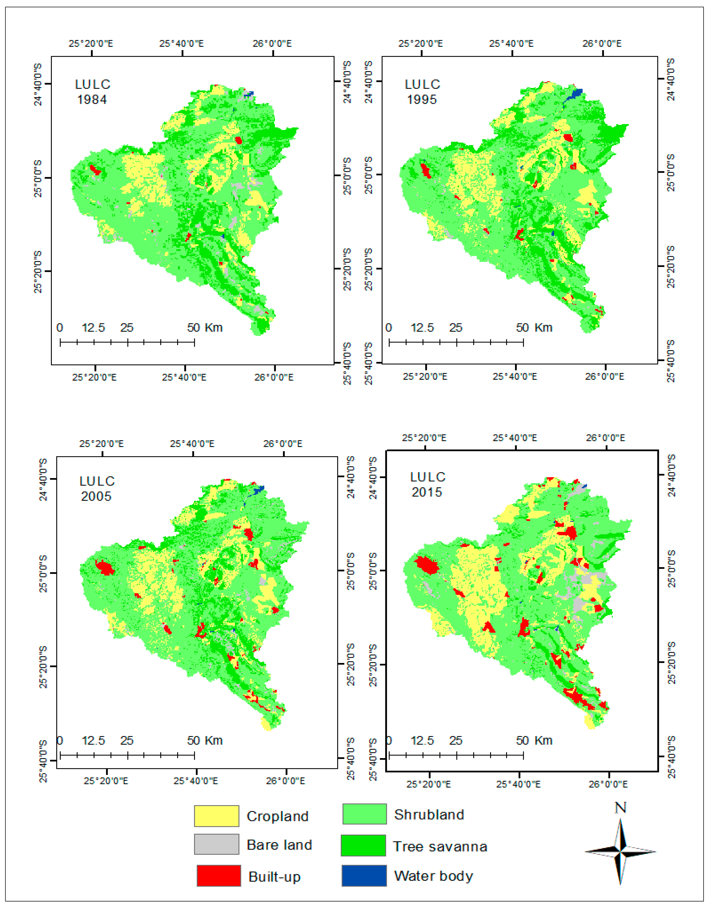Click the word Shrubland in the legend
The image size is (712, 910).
coord(429,815)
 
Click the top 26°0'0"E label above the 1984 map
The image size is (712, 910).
coord(272,43)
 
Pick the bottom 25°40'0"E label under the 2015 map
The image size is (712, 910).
coord(518,784)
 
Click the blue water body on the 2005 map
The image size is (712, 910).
coord(258,489)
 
